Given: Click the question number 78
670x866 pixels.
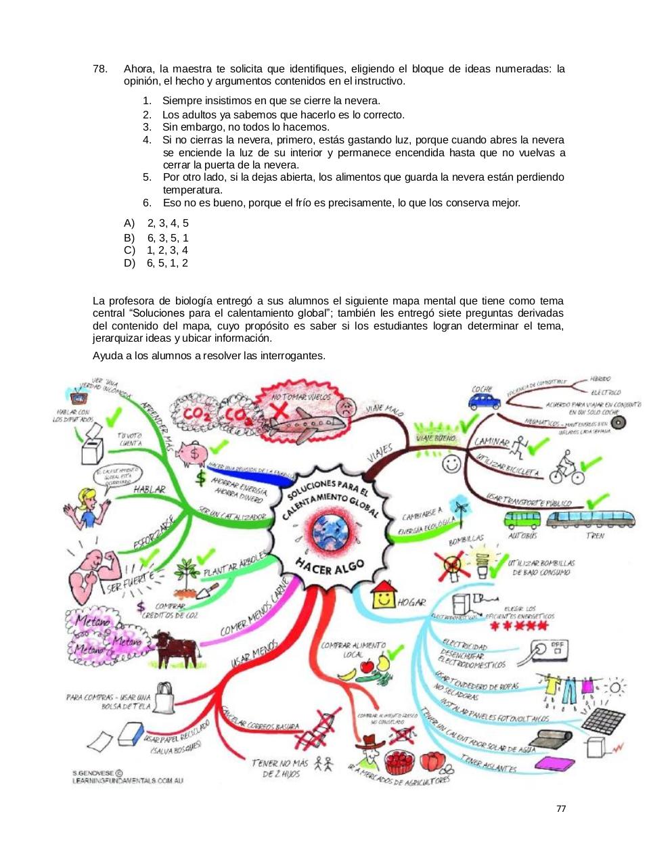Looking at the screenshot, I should (x=99, y=69).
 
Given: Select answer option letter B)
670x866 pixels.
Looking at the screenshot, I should (x=129, y=237).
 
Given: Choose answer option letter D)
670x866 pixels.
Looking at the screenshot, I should (x=129, y=263).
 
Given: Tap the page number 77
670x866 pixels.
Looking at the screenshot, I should (x=560, y=808).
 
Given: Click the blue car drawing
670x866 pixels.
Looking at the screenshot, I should (x=483, y=401).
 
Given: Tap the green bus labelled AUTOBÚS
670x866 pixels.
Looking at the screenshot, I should (x=522, y=520).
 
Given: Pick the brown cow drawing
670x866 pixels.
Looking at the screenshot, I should (x=175, y=647).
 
